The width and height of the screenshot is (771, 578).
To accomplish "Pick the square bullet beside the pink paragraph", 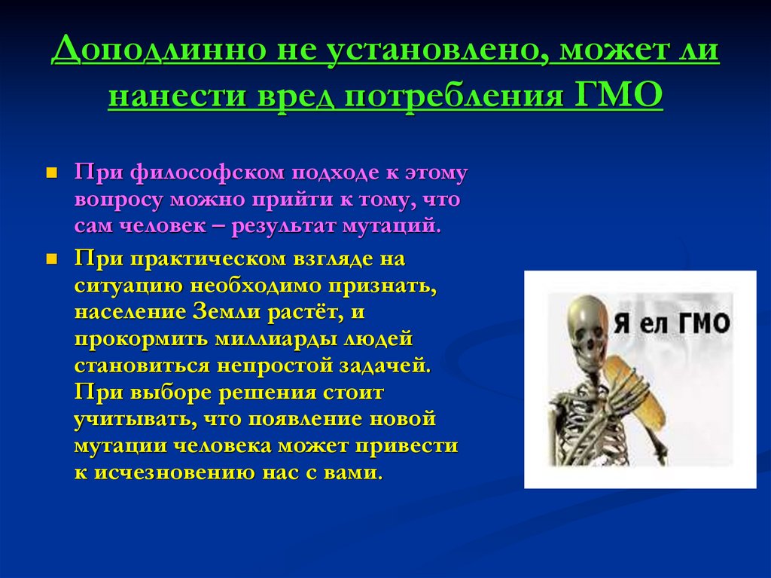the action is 52,173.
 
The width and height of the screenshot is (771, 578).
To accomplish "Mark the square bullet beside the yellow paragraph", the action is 52,259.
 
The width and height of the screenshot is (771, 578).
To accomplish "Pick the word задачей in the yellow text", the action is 385,366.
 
